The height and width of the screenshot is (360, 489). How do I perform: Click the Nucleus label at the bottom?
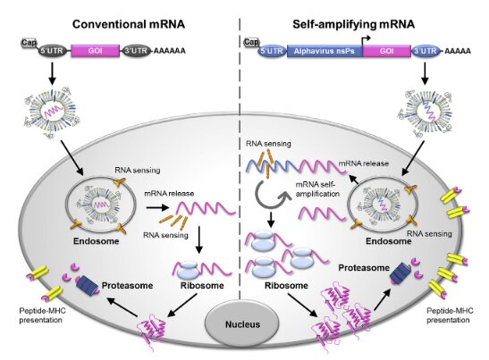[x=242, y=324]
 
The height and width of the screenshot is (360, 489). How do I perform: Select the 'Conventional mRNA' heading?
[x=129, y=24]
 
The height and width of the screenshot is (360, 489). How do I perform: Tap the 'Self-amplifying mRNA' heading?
[x=354, y=24]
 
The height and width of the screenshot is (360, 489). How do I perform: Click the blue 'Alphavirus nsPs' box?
[x=325, y=51]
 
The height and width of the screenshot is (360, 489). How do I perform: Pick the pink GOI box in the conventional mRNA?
[x=96, y=51]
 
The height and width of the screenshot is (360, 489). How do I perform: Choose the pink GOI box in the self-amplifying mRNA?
[x=387, y=51]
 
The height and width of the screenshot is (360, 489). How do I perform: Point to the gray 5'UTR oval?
[x=52, y=51]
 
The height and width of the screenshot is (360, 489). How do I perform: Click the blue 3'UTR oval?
[x=425, y=51]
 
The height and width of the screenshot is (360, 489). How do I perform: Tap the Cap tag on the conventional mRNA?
[x=29, y=42]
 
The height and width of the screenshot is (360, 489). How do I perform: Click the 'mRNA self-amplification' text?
[x=317, y=189]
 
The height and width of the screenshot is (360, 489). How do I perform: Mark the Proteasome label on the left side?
[x=127, y=286]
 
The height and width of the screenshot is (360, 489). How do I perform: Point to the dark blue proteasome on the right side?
[x=400, y=273]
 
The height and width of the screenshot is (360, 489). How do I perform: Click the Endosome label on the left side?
[x=97, y=241]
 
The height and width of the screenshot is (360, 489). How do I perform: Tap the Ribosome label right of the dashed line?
[x=286, y=286]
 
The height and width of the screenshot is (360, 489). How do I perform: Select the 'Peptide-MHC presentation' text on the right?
[x=450, y=315]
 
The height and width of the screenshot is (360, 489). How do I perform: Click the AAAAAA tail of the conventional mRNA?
[x=169, y=51]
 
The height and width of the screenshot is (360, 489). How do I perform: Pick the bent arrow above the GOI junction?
[x=366, y=41]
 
